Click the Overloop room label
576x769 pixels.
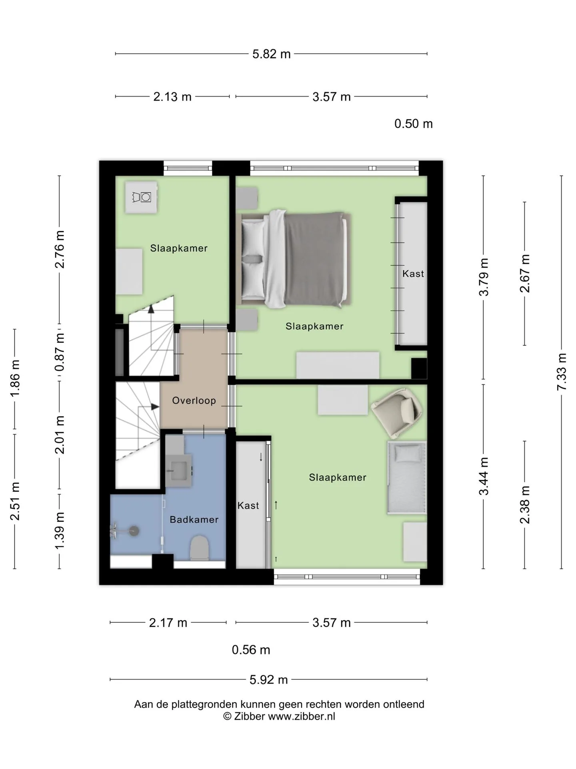(x=194, y=401)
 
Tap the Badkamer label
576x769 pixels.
(x=194, y=519)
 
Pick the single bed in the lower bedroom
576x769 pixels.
(x=406, y=477)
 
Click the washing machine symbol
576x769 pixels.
(x=141, y=197)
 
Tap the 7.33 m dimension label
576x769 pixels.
(x=562, y=372)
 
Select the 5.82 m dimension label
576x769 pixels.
(x=271, y=54)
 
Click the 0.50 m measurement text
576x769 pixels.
(x=414, y=124)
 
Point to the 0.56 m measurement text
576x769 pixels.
(x=251, y=650)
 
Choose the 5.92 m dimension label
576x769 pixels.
(x=269, y=680)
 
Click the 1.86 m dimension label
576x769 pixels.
(x=15, y=378)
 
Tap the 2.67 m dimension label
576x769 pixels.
(x=525, y=273)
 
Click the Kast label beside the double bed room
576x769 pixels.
(x=413, y=274)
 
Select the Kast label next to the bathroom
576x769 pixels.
(x=248, y=505)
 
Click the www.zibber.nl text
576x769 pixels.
(x=302, y=717)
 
